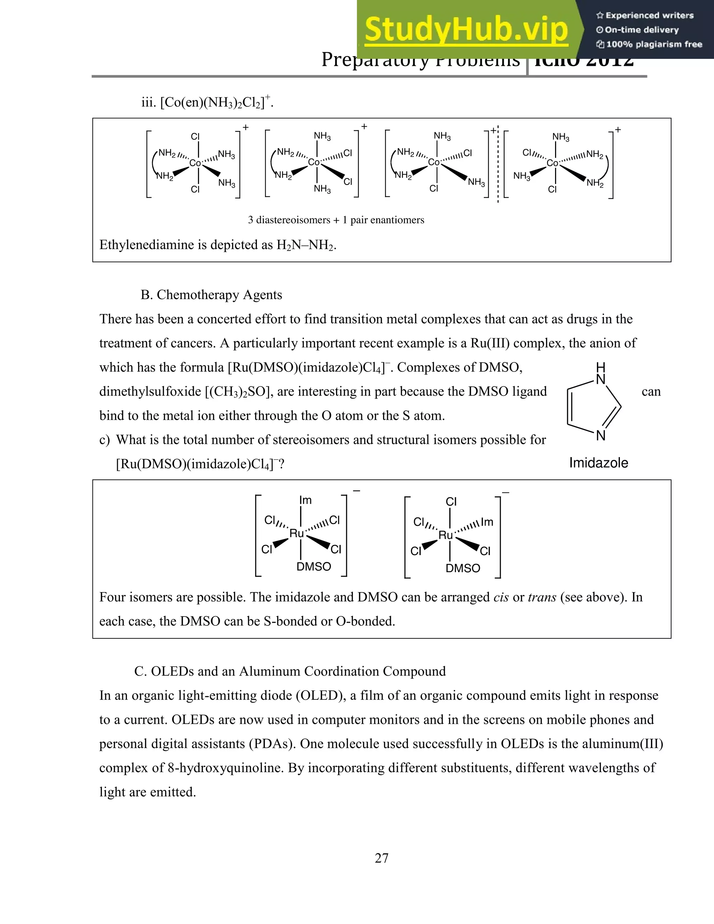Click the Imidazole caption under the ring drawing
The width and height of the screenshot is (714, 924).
[598, 463]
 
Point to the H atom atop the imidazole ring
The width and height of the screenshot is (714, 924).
[600, 367]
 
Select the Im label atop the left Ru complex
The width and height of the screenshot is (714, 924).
[305, 500]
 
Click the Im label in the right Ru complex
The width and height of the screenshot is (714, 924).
[487, 522]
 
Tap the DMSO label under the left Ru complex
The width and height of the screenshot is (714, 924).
[313, 567]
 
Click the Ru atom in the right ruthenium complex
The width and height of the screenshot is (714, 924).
[446, 536]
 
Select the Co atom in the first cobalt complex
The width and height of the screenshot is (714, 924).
[195, 163]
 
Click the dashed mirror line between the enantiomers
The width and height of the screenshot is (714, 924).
[498, 165]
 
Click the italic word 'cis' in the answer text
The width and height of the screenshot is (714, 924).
[501, 597]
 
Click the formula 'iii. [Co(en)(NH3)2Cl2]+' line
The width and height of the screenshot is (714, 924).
[207, 103]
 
